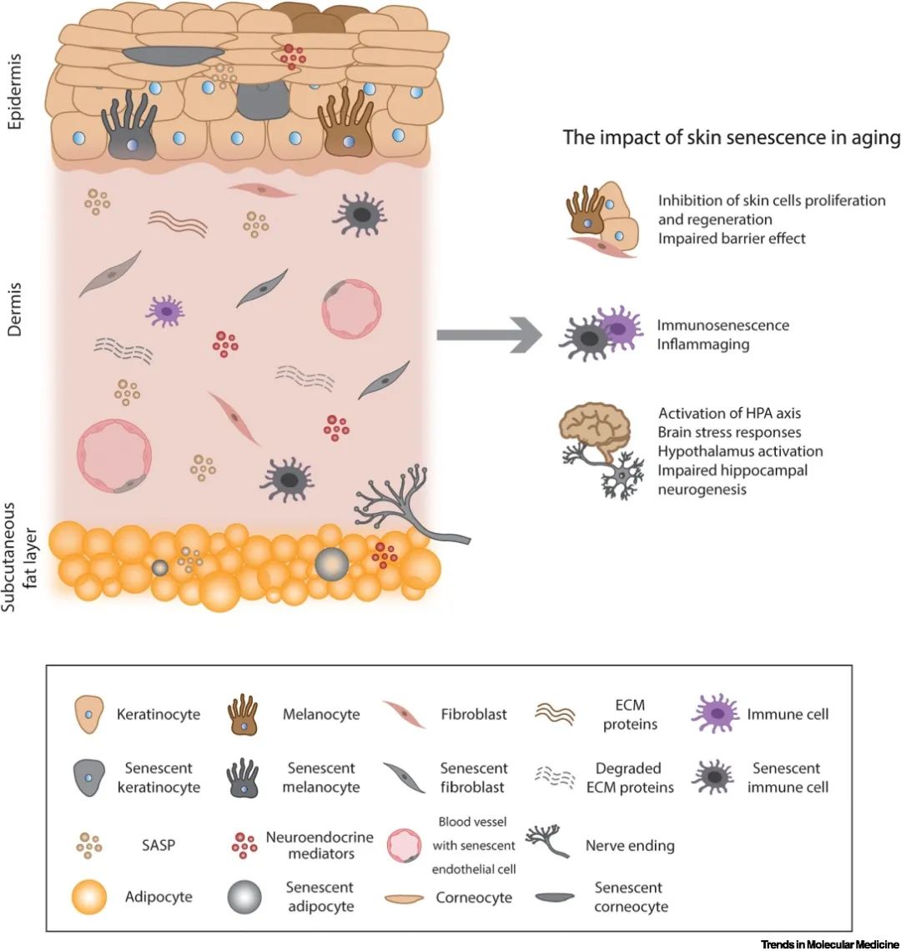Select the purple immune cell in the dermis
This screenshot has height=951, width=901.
tap(166, 311)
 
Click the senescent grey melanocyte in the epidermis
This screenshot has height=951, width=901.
tap(129, 133)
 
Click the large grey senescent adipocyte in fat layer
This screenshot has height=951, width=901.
tap(331, 565)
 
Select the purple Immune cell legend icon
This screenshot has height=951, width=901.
tap(716, 714)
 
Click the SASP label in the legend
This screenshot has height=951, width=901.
tap(158, 845)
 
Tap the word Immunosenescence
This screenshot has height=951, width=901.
tap(722, 325)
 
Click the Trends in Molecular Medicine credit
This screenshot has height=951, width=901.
tap(829, 943)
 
